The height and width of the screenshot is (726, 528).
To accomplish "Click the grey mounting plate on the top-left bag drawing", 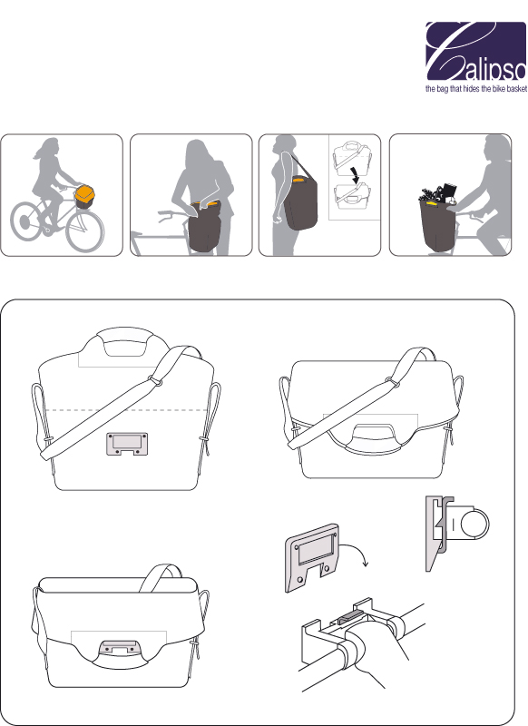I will point(126,444).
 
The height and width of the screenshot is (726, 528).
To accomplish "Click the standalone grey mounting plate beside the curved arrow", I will point(308,561).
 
